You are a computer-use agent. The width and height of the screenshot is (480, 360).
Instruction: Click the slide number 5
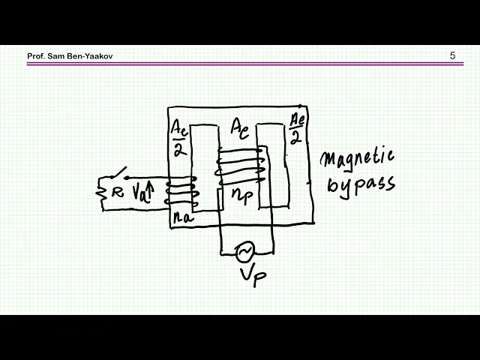point(452,55)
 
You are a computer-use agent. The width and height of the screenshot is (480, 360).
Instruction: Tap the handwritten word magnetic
point(357,159)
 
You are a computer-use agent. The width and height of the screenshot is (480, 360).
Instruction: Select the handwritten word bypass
point(360,184)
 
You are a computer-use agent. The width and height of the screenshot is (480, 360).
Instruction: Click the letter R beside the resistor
point(117,193)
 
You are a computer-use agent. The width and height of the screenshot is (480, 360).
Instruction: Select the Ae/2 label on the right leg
point(296,128)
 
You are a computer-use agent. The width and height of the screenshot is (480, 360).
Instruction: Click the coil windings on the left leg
point(181,193)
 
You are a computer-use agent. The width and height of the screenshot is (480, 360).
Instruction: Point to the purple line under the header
point(240,64)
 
